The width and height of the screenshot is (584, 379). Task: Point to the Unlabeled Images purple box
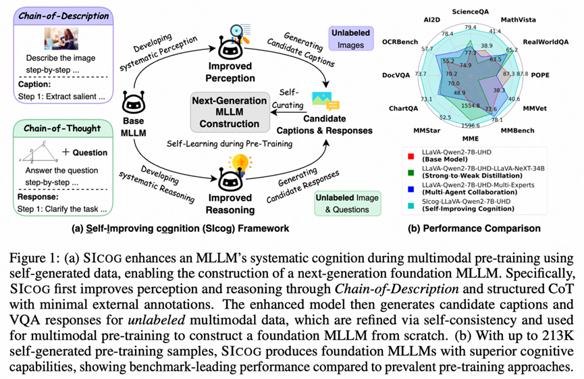coord(348,39)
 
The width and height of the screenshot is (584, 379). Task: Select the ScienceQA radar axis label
coord(471,12)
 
